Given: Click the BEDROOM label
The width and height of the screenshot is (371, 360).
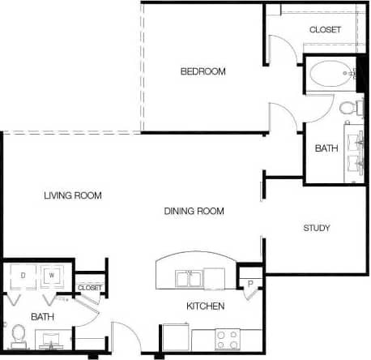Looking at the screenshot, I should click(203, 71).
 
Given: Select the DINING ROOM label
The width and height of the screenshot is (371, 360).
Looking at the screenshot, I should click(194, 212).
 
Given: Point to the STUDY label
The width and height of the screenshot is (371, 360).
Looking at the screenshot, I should click(317, 228).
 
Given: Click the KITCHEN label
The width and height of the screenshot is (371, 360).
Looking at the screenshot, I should click(206, 306).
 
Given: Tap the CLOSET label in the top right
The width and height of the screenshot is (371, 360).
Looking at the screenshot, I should click(325, 30).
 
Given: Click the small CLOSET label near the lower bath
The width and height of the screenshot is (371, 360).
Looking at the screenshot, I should click(90, 288).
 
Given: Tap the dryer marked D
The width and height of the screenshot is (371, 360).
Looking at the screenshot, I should click(23, 276).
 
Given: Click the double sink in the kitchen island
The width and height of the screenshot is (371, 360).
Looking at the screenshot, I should click(195, 280).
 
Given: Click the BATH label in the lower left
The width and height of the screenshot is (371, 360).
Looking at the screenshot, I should click(42, 315).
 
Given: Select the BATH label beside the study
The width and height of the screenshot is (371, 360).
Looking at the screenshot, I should click(326, 148).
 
